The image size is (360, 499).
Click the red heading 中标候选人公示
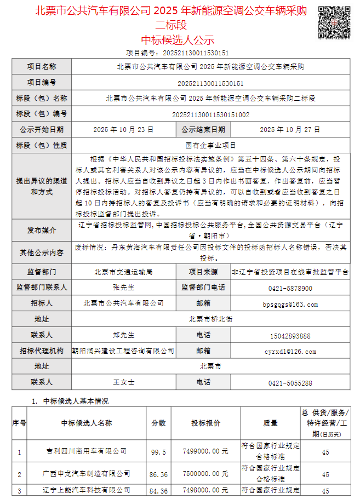(x=178, y=39)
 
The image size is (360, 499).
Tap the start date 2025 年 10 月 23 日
(x=123, y=130)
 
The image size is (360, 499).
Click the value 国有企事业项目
(x=211, y=146)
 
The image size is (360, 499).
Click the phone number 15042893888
(x=290, y=335)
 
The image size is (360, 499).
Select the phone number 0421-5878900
(x=290, y=288)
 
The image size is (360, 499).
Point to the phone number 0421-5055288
(x=290, y=382)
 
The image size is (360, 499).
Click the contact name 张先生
(x=123, y=288)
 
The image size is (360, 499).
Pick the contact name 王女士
(x=123, y=382)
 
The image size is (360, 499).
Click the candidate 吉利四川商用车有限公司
(x=87, y=452)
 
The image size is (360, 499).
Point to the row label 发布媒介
(x=42, y=230)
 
